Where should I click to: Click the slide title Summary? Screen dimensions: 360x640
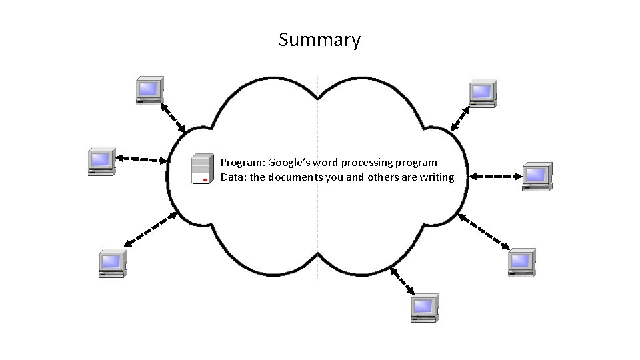319,40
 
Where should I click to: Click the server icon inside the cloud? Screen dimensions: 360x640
202,169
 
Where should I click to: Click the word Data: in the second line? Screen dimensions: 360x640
233,177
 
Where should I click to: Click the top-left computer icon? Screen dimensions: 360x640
149,90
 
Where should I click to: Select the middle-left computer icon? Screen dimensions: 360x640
101,161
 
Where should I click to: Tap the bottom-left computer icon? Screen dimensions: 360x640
111,263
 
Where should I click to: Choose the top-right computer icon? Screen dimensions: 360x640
482,93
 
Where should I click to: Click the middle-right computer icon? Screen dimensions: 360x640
535,176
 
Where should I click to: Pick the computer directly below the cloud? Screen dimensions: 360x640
423,307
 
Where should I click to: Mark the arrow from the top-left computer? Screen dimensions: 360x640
173,117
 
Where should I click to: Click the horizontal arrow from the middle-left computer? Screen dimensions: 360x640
142,159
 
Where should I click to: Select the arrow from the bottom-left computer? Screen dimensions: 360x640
151,230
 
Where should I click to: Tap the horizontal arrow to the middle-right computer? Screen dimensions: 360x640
494,176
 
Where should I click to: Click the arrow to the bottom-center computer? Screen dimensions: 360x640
403,281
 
